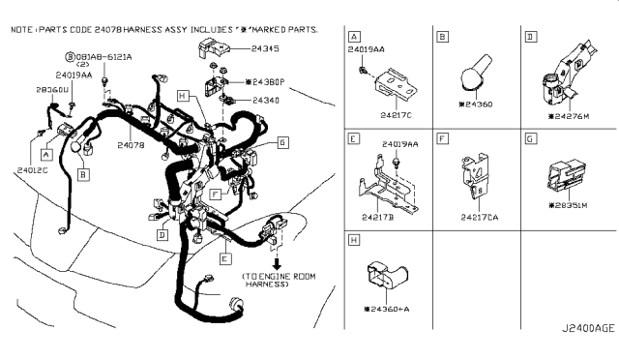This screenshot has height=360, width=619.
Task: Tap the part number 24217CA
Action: click(481, 218)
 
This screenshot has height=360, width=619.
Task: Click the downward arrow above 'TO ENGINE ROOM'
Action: click(279, 262)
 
